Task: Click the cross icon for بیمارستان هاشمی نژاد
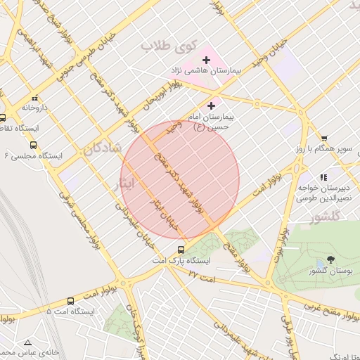[205, 60]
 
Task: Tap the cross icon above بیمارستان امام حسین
[211, 105]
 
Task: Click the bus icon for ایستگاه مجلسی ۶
[33, 145]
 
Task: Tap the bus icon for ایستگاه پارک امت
[181, 250]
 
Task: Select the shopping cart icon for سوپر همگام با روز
[323, 139]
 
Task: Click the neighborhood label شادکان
[101, 148]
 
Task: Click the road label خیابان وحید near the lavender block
[271, 51]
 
